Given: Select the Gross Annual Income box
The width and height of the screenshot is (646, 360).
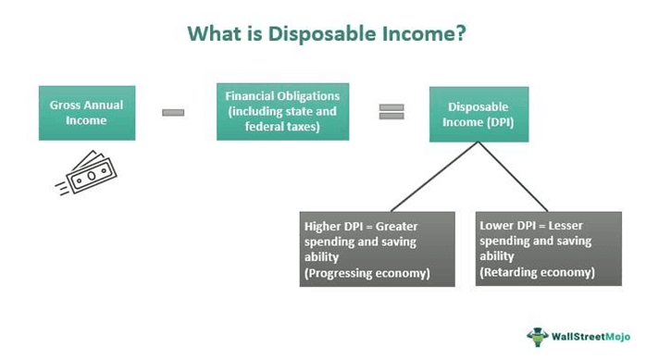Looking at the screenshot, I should (x=86, y=113).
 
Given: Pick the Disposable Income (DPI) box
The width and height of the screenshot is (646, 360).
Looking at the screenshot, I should (x=478, y=114).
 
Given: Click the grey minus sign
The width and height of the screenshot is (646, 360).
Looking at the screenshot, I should (x=173, y=112).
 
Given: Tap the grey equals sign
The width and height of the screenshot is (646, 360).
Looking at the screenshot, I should (x=391, y=112).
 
